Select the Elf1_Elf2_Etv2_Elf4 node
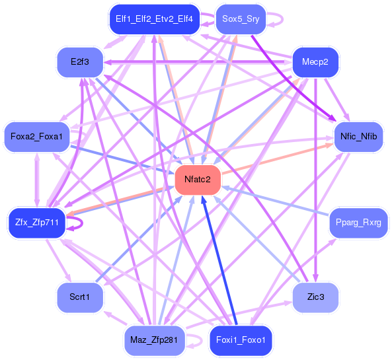[x=154, y=19]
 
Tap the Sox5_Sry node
[x=241, y=19]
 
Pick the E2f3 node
[x=79, y=62]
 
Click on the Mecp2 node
[x=315, y=62]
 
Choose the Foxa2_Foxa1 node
[x=36, y=137]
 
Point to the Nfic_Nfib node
[x=358, y=137]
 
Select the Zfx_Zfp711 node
[x=36, y=223]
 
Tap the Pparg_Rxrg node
[x=358, y=223]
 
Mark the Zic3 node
[x=315, y=297]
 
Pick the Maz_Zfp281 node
[x=154, y=340]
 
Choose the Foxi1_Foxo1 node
[x=241, y=340]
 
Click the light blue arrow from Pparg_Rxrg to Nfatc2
[x=278, y=201]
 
